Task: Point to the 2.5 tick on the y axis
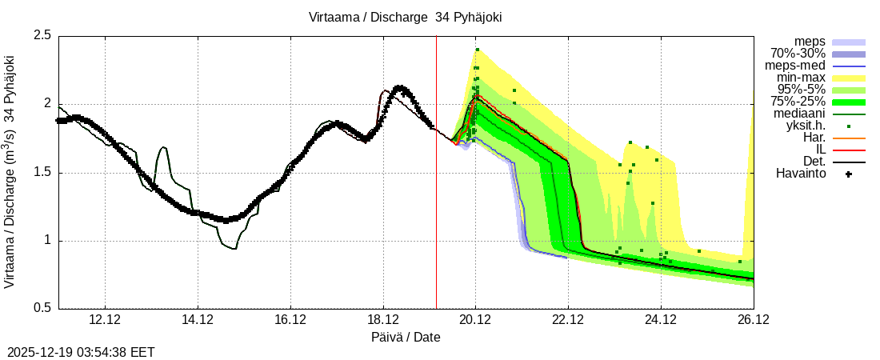point(42,36)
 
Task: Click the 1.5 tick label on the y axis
point(42,172)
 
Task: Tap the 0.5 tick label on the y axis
point(42,308)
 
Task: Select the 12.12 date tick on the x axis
point(106,320)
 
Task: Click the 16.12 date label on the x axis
point(290,320)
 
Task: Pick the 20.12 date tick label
point(475,320)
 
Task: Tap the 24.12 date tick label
point(660,320)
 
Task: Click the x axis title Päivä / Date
point(406,337)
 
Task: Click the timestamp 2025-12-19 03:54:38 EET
point(81,352)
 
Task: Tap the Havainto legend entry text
point(801,174)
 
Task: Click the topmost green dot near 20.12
point(477,50)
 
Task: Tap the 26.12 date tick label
point(753,320)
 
